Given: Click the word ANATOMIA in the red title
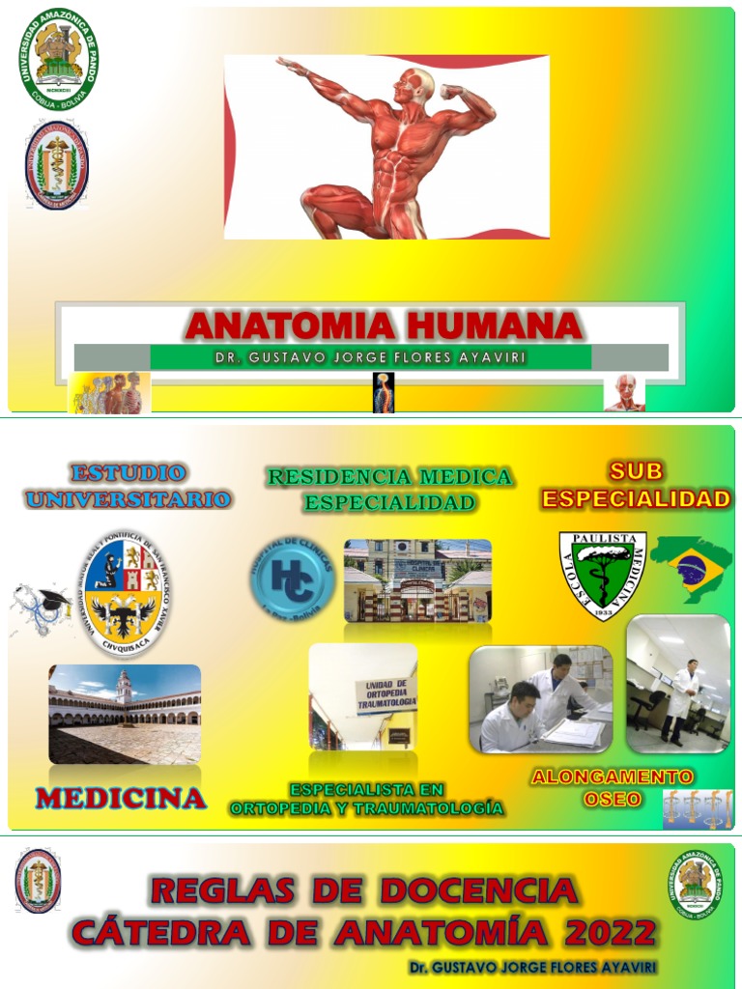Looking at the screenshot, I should coord(284,325).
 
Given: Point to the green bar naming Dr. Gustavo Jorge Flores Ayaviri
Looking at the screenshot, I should coord(371,357).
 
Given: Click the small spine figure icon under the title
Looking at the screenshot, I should coord(384,393).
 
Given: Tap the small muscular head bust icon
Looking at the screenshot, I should coord(625,393).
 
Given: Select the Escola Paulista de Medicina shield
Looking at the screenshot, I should coord(603,574).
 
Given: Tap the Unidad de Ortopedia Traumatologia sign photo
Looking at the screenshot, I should coord(363,696).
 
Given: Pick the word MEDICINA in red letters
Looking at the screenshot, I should coord(121,799).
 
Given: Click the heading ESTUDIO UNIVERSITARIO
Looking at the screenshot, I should coord(128,486).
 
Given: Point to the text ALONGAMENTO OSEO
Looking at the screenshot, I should coord(612,787).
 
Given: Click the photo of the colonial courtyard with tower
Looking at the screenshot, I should coord(125,714).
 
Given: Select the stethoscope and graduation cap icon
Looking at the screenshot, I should coord(41,609).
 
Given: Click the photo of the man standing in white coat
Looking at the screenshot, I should coord(678,685).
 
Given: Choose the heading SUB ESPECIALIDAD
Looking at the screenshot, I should coord(635,485).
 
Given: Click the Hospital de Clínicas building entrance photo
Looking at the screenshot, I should coord(417,580).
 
